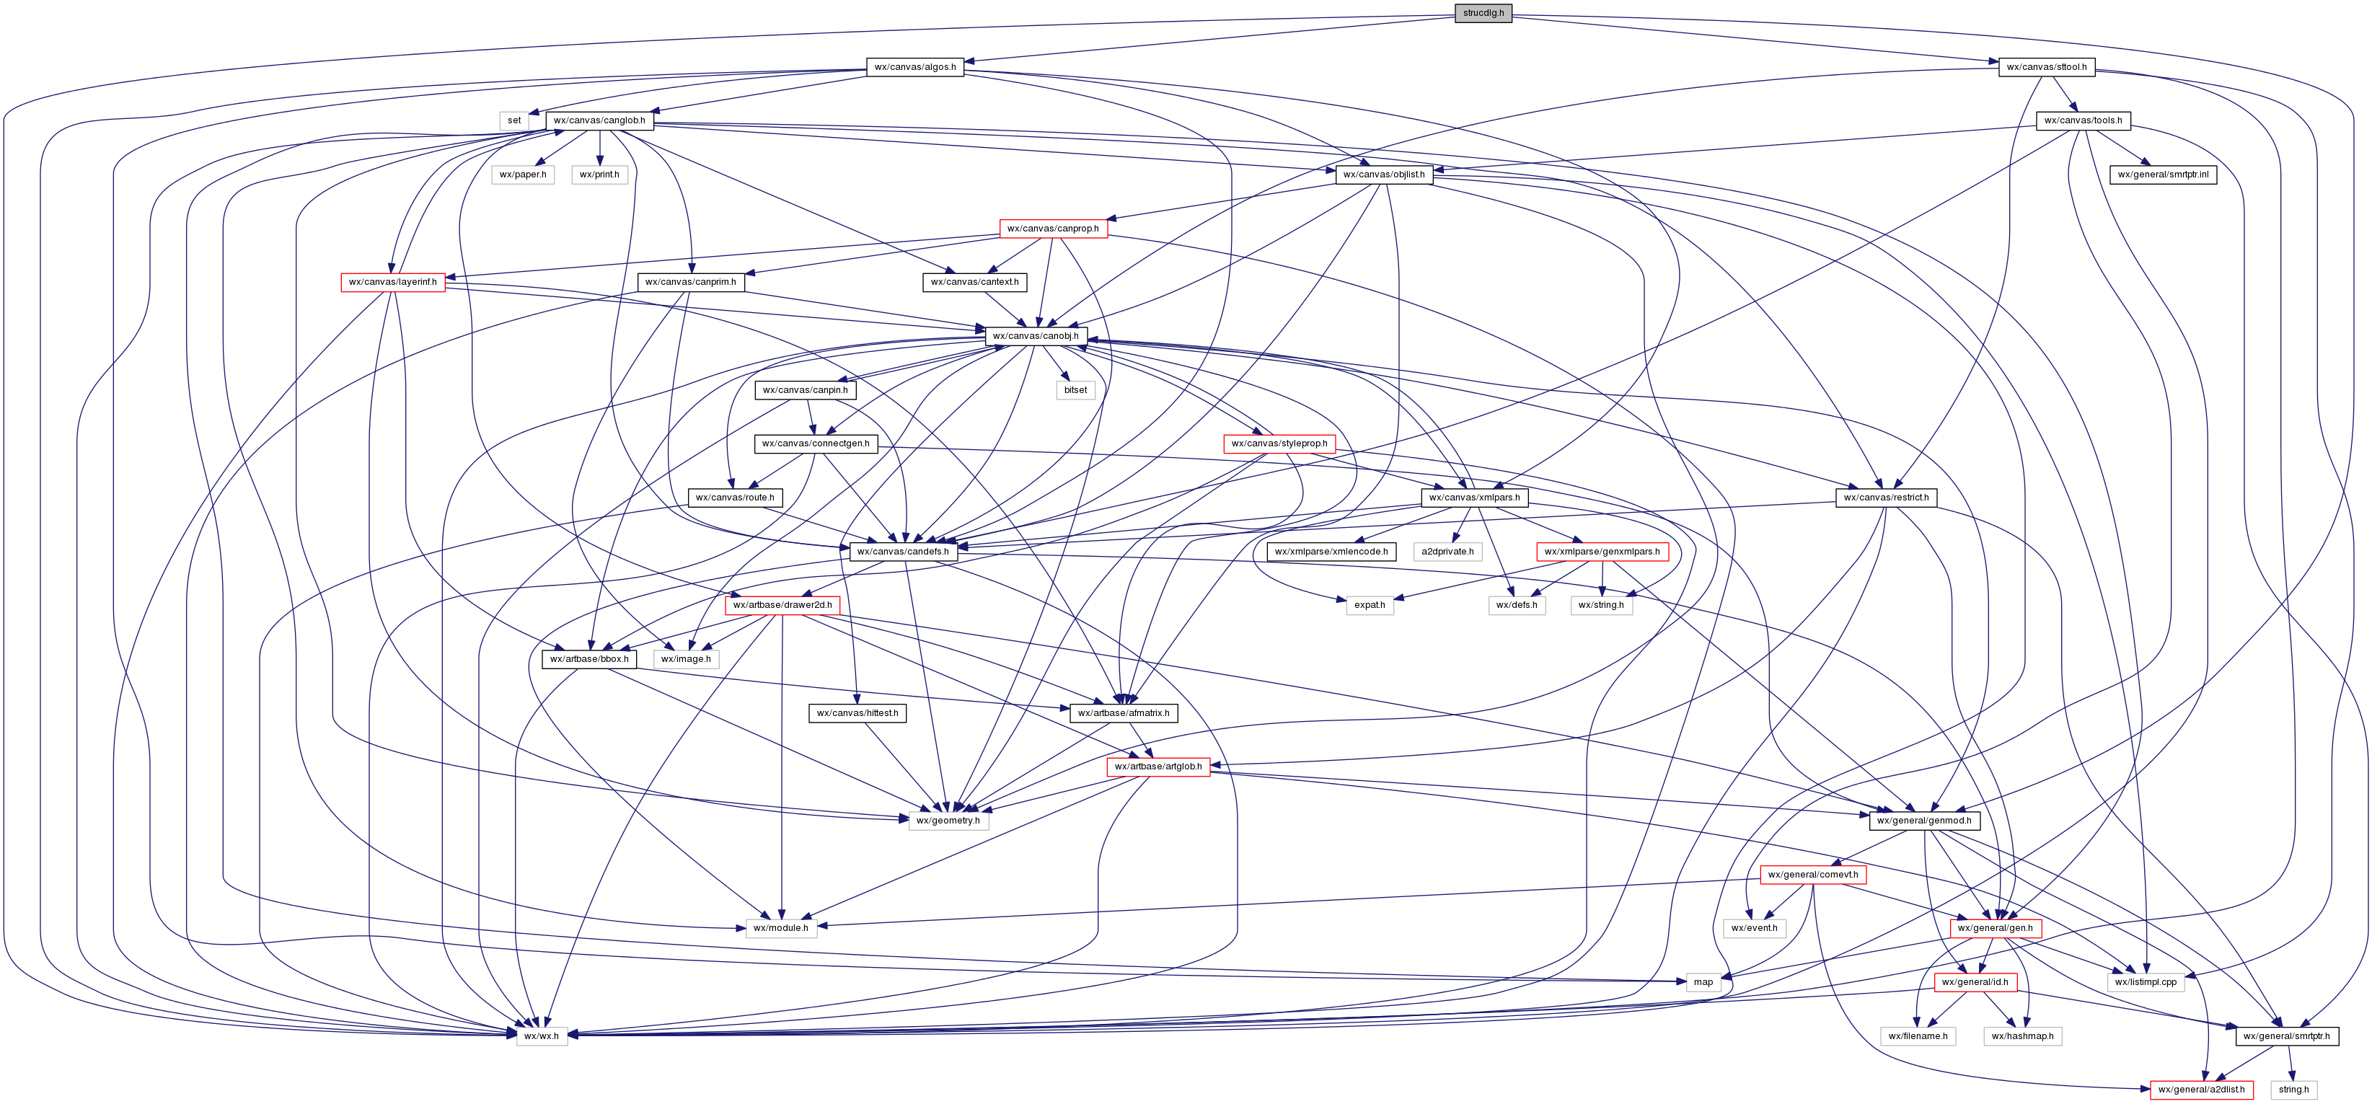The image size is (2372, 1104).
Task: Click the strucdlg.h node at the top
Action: click(x=1483, y=13)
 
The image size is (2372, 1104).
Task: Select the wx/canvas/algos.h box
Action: click(x=914, y=67)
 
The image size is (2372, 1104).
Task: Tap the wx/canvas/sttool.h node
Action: click(x=2046, y=67)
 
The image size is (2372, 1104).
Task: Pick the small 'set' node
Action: click(x=513, y=120)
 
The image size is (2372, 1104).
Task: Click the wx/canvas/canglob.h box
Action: click(x=599, y=120)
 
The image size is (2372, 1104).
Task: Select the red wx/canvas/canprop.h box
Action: click(x=1052, y=229)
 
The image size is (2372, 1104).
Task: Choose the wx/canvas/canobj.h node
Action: click(x=1035, y=336)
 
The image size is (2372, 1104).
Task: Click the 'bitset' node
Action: click(x=1075, y=390)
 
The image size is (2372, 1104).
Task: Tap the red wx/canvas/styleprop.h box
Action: click(x=1279, y=443)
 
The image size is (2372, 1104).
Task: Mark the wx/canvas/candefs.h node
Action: click(x=902, y=552)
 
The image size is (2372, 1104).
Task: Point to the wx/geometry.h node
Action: click(x=948, y=821)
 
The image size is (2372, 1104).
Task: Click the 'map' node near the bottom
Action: click(x=1703, y=981)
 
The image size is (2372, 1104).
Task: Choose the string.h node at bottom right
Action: click(x=2293, y=1090)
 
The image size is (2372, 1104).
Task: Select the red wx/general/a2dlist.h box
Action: click(x=2201, y=1090)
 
